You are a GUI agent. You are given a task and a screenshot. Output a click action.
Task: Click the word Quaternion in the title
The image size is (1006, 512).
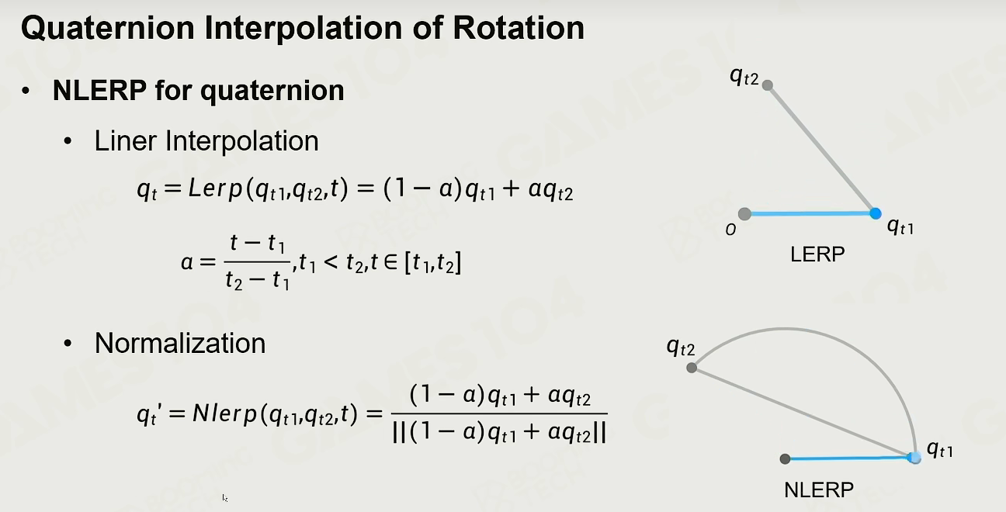[x=108, y=28]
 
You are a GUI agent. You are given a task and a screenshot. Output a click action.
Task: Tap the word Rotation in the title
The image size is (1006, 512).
[x=519, y=28]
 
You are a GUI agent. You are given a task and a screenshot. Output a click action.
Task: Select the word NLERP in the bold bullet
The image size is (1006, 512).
[x=99, y=90]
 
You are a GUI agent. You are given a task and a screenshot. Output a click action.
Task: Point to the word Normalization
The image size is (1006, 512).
[x=180, y=344]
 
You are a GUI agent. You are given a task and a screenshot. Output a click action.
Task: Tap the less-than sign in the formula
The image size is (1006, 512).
[x=331, y=262]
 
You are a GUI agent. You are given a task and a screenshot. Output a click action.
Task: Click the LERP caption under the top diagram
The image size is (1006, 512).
[x=817, y=254]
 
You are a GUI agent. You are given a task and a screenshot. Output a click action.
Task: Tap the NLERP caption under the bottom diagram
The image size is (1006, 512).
[x=819, y=490]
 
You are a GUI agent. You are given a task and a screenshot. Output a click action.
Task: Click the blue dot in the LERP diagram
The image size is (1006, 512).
[x=876, y=213]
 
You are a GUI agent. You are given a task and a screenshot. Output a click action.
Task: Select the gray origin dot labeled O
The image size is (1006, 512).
[x=744, y=214]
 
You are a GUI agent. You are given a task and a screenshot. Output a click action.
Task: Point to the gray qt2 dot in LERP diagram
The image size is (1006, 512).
[x=768, y=85]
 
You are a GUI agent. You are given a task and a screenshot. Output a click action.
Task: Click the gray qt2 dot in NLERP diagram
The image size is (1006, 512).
[x=692, y=368]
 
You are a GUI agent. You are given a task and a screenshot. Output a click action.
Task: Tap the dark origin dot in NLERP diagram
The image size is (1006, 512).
[x=785, y=458]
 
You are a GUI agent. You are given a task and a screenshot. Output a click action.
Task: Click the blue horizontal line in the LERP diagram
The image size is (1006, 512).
[x=810, y=213]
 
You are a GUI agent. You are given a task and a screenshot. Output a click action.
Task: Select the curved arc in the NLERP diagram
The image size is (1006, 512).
[x=784, y=330]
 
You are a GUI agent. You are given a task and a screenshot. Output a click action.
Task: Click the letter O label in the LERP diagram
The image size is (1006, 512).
[x=730, y=230]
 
